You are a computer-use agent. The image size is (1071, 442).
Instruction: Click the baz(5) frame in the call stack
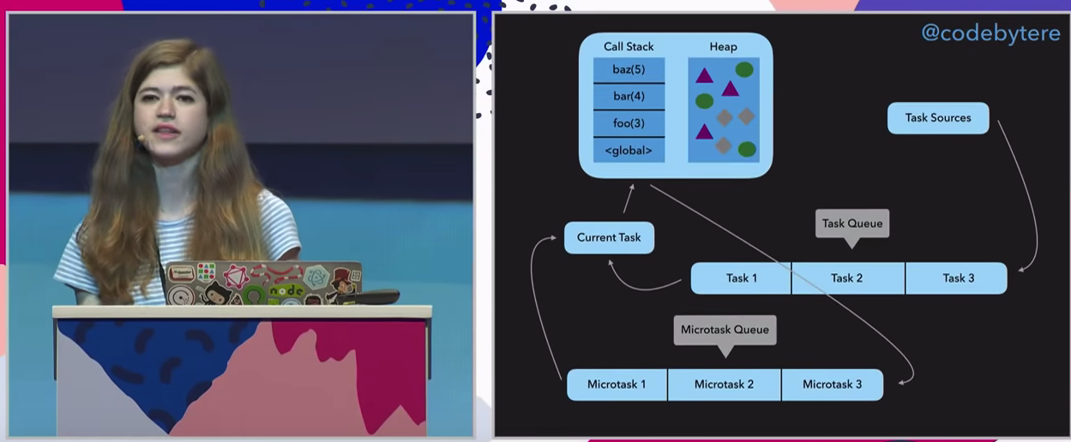[629, 69]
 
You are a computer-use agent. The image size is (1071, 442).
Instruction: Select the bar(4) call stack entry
[629, 96]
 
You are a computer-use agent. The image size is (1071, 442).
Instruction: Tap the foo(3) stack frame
[629, 123]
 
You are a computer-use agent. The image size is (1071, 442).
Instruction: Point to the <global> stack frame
[629, 151]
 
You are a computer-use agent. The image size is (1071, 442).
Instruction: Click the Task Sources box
[938, 118]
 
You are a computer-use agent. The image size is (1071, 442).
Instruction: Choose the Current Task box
[609, 237]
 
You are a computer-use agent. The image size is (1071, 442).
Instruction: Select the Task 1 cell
[742, 278]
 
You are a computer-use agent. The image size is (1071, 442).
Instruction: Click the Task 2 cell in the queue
[847, 278]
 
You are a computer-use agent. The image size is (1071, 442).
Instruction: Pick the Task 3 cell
[958, 278]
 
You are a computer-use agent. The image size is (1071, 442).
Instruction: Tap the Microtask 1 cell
[617, 385]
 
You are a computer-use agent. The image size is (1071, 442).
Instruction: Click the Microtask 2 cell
[725, 385]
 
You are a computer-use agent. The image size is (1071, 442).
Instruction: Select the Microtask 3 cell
[832, 385]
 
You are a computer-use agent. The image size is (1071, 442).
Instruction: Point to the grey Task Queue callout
[852, 224]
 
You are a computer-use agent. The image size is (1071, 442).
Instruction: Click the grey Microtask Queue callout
[725, 330]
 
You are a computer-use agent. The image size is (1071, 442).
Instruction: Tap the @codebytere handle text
[990, 33]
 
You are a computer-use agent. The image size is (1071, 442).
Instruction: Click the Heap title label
[723, 46]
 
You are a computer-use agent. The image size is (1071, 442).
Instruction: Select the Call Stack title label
[629, 46]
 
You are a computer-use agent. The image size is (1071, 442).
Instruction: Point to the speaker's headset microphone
[140, 137]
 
